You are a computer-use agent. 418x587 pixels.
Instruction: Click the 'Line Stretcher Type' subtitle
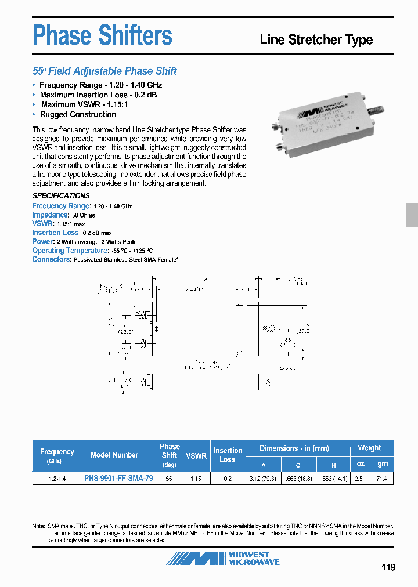point(316,40)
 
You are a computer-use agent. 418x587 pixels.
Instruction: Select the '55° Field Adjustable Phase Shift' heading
point(105,71)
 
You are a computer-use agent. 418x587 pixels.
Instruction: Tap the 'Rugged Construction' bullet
point(78,114)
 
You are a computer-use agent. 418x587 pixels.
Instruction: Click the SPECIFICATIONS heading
point(61,195)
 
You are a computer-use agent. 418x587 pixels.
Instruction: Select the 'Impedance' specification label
point(50,215)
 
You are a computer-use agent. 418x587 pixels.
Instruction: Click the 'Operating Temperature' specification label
point(70,251)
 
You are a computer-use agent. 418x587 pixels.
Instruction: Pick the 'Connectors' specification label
point(51,259)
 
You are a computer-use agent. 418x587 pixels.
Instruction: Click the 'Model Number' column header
point(114,455)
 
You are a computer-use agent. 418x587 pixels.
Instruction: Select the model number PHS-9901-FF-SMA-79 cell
point(118,479)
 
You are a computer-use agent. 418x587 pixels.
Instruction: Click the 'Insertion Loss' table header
point(228,455)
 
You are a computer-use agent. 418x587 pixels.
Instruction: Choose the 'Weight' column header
point(369,448)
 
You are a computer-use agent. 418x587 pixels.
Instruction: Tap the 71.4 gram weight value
point(381,479)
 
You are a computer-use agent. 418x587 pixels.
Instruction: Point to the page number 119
point(388,567)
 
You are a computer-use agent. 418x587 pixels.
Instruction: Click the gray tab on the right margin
point(412,215)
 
